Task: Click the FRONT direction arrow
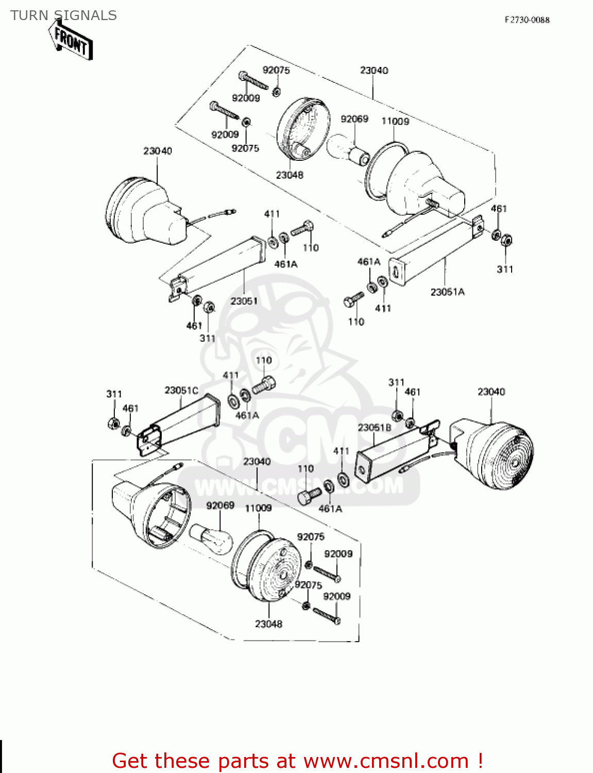point(71,41)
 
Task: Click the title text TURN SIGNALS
point(63,15)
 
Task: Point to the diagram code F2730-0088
point(527,20)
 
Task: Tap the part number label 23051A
point(447,292)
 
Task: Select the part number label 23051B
point(375,428)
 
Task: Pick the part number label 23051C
point(181,390)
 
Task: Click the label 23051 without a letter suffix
point(244,300)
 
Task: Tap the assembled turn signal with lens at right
point(495,453)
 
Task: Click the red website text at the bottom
point(297,761)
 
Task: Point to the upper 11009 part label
point(395,121)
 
